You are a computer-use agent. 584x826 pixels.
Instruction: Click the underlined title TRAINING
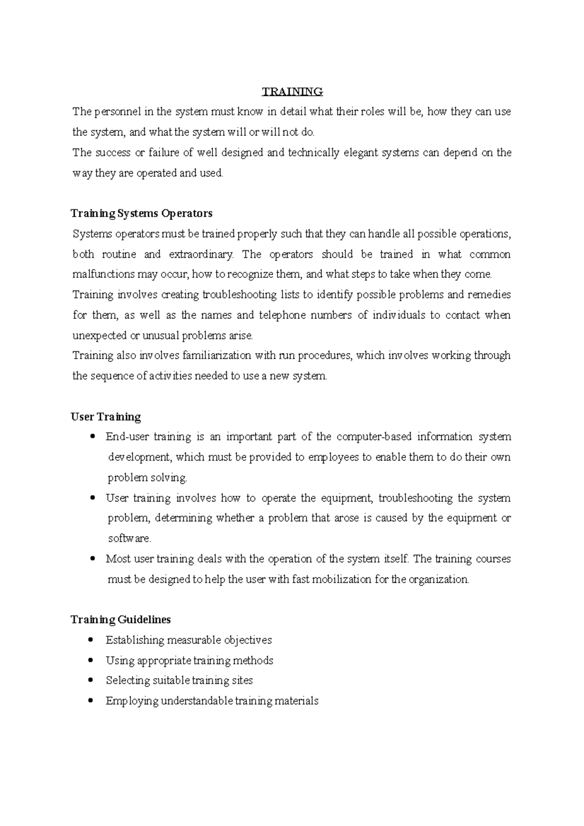292,91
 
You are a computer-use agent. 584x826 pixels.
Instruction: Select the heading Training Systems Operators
142,214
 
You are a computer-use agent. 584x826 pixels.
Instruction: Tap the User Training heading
106,417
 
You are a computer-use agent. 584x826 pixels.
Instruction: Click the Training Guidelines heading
121,620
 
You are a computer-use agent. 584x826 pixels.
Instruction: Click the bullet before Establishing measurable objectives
91,640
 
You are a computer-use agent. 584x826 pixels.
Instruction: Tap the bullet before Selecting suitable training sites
91,681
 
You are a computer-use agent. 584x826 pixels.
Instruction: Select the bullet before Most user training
91,559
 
